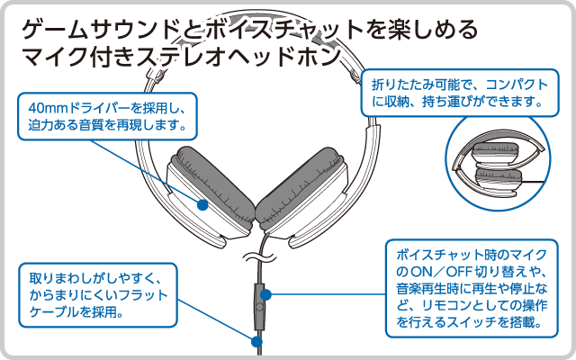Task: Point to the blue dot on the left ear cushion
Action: (202, 204)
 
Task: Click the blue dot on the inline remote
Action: (267, 293)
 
